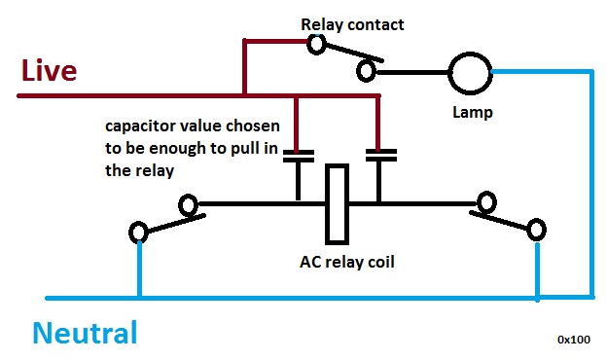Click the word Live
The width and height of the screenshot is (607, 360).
pos(49,70)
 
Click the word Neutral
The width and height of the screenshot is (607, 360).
pos(86,333)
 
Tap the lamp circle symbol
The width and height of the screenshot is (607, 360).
pos(471,53)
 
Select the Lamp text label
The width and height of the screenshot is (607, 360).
pos(473,113)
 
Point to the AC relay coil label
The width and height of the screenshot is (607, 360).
pos(347,262)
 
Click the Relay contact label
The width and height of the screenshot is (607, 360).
pos(352,24)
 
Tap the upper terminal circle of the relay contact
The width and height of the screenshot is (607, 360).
pos(316,37)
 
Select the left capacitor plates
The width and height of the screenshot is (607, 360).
pos(299,156)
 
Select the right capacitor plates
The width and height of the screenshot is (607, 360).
pos(381,156)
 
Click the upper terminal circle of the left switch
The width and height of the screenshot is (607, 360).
pos(189,196)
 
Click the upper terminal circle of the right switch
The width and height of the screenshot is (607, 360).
pos(486,194)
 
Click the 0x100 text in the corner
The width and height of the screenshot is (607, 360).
pos(574,340)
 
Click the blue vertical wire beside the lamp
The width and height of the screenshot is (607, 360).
pos(591,184)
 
